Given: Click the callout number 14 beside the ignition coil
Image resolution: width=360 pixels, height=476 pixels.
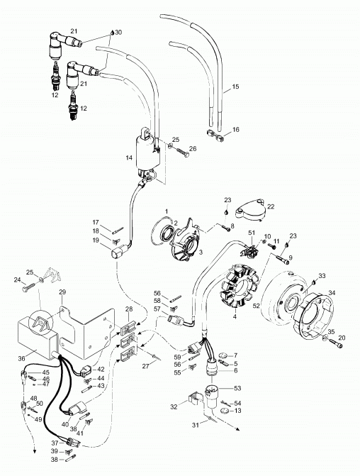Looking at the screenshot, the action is tap(129, 158).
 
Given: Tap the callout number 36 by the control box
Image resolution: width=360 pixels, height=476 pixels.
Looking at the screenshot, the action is tap(21, 358).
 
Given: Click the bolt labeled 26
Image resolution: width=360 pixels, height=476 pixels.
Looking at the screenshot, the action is tap(181, 152).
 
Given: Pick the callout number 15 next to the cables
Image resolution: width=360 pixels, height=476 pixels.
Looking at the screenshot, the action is tap(235, 87).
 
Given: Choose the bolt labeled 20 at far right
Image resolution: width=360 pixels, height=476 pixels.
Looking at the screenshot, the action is tap(336, 343).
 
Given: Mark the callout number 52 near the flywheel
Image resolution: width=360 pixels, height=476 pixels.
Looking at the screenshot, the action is tap(257, 306).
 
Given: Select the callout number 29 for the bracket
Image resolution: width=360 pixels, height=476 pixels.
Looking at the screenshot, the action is tap(62, 292).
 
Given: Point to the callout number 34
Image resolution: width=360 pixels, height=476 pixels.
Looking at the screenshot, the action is tap(332, 293).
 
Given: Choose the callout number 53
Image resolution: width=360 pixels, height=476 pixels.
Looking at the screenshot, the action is tap(237, 388).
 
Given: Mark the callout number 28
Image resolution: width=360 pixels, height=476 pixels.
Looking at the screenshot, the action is tap(129, 309).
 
